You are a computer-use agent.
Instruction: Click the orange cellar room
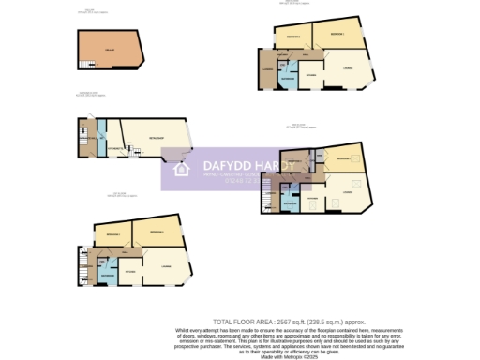coord(109,48)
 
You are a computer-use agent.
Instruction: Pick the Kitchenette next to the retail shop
coord(112,147)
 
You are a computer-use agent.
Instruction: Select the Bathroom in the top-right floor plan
coord(286,81)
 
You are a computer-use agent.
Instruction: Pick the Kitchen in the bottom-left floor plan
coord(130,271)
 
